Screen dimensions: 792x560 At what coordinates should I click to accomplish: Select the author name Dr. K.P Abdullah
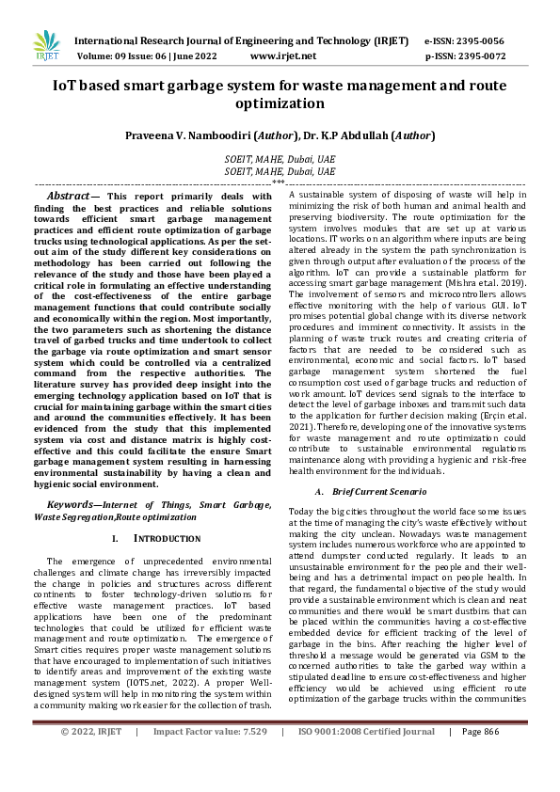click(x=347, y=136)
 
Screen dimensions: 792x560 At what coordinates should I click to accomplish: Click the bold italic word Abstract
click(x=69, y=196)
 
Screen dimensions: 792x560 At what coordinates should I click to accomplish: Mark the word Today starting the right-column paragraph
click(x=301, y=510)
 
